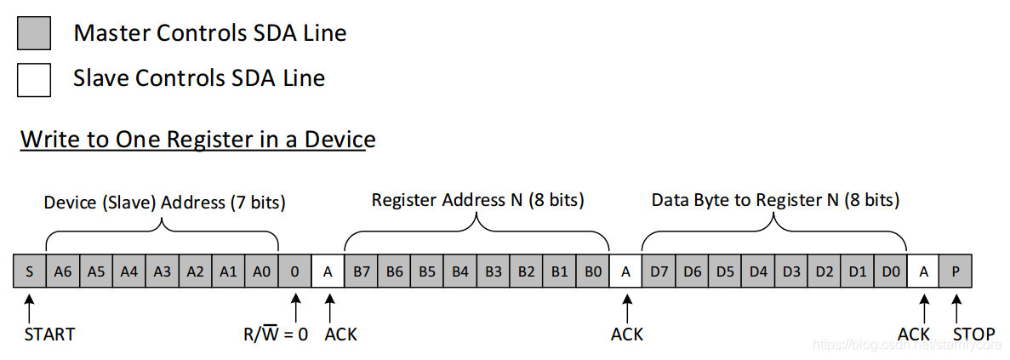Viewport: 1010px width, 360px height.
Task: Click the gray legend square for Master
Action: point(34,33)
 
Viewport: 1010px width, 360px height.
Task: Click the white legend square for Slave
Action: point(34,79)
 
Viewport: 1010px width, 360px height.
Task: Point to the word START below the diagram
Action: point(49,334)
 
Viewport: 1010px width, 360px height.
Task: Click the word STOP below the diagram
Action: point(973,334)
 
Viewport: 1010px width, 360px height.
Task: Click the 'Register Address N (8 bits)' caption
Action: point(478,200)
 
